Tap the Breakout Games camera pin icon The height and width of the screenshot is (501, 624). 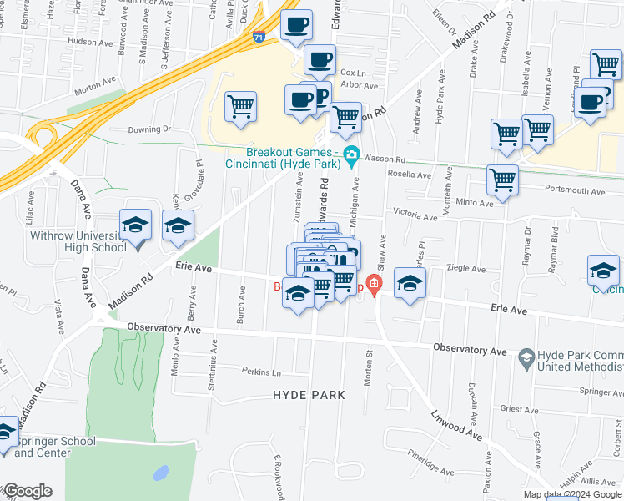(351, 154)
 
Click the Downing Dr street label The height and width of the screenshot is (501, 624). (149, 129)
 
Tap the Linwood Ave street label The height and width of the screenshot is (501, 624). (456, 425)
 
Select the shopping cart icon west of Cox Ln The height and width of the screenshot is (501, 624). (241, 106)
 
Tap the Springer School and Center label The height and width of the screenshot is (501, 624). (54, 447)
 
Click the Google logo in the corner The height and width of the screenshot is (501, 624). (27, 491)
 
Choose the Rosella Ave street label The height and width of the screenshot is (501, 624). (411, 175)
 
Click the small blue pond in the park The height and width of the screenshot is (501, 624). (160, 473)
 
